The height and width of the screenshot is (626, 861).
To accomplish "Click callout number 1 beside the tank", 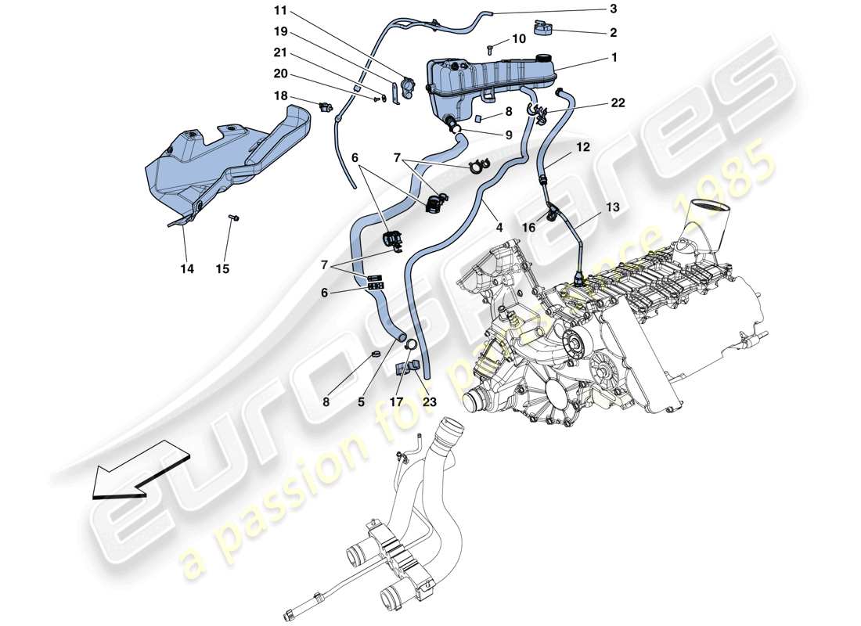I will (x=614, y=57).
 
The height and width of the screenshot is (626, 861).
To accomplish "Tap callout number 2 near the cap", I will (x=613, y=33).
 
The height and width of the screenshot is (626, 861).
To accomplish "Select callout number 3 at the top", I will (x=613, y=9).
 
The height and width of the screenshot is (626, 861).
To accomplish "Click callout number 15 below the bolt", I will (x=223, y=268).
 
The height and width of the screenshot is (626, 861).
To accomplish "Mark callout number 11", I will (x=280, y=12).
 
